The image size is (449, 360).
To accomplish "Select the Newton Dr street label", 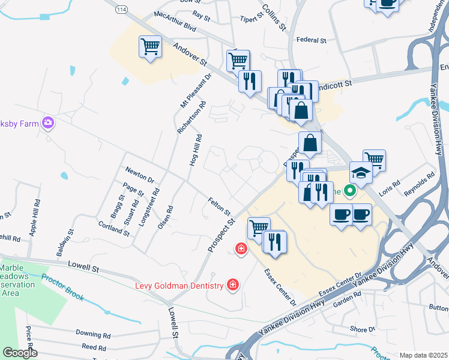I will [139, 175].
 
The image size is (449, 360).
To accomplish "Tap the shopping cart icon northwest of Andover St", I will [150, 47].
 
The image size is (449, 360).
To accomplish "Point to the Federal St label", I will [311, 40].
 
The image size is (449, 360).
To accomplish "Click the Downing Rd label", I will [93, 333].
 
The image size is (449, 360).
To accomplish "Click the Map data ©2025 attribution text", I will [423, 355].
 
